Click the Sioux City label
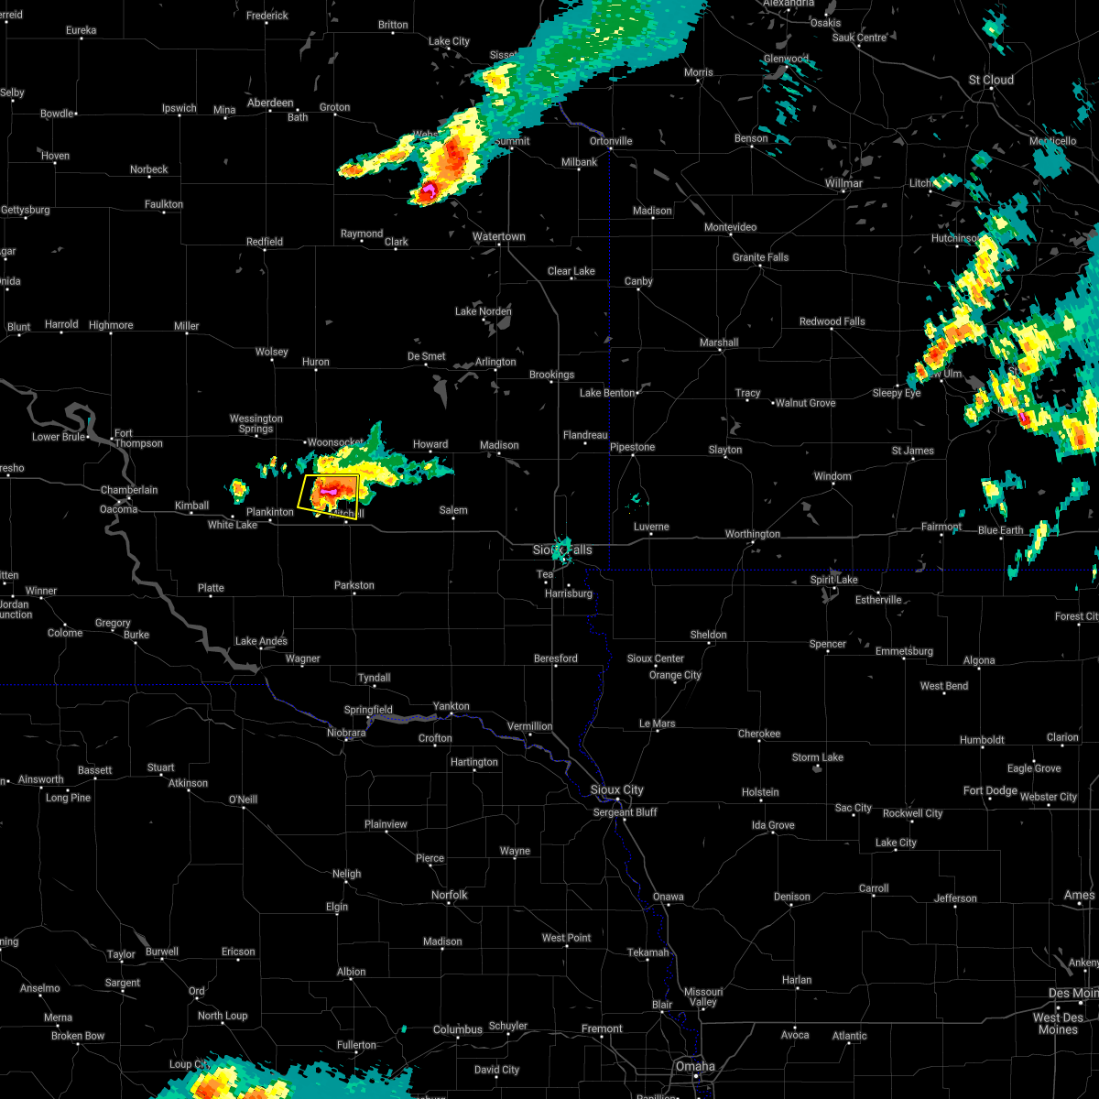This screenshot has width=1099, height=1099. point(617,789)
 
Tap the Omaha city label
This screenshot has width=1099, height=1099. point(695,1066)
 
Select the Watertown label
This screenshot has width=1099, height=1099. point(499,237)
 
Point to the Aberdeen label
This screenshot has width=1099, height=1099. point(270,103)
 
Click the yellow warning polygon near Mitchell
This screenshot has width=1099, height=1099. point(329,495)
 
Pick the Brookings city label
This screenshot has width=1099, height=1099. point(551,375)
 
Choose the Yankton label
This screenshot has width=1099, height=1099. point(452,706)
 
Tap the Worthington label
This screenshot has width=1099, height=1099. point(753,534)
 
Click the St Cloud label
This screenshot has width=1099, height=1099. point(992,80)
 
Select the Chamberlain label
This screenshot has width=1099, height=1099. point(129,490)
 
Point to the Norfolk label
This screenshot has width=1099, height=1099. point(449,895)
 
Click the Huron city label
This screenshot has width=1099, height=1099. point(316,363)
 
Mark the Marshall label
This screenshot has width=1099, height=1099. point(719,343)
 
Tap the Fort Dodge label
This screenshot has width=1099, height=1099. point(990,790)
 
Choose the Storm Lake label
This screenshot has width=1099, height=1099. point(818,757)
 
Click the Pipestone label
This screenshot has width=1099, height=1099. point(633,447)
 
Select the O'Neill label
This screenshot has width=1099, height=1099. point(243,800)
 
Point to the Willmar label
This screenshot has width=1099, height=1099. point(843,183)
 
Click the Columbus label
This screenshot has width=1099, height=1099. point(458,1029)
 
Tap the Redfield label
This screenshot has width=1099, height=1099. point(265,242)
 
